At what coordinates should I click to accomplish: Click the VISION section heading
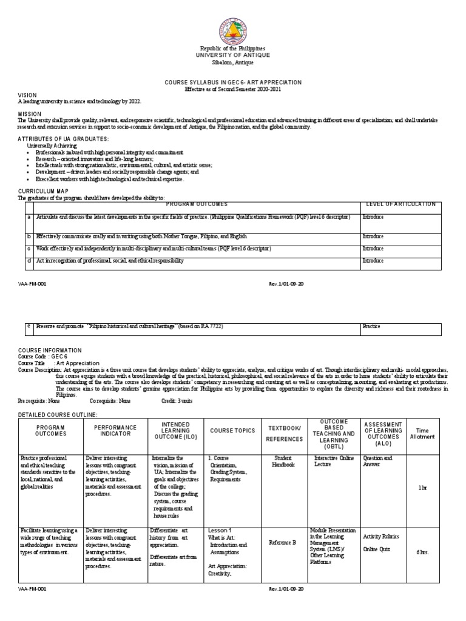(27, 95)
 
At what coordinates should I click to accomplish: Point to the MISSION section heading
(29, 113)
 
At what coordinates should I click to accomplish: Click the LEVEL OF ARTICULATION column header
(399, 204)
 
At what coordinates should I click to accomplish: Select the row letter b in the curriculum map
(29, 235)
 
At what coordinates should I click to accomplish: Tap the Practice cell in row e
(371, 326)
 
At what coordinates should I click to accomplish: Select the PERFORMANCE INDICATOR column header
(116, 431)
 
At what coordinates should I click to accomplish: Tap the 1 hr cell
(422, 488)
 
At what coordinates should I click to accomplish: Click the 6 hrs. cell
(422, 552)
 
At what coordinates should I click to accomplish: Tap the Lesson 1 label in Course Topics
(220, 529)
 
